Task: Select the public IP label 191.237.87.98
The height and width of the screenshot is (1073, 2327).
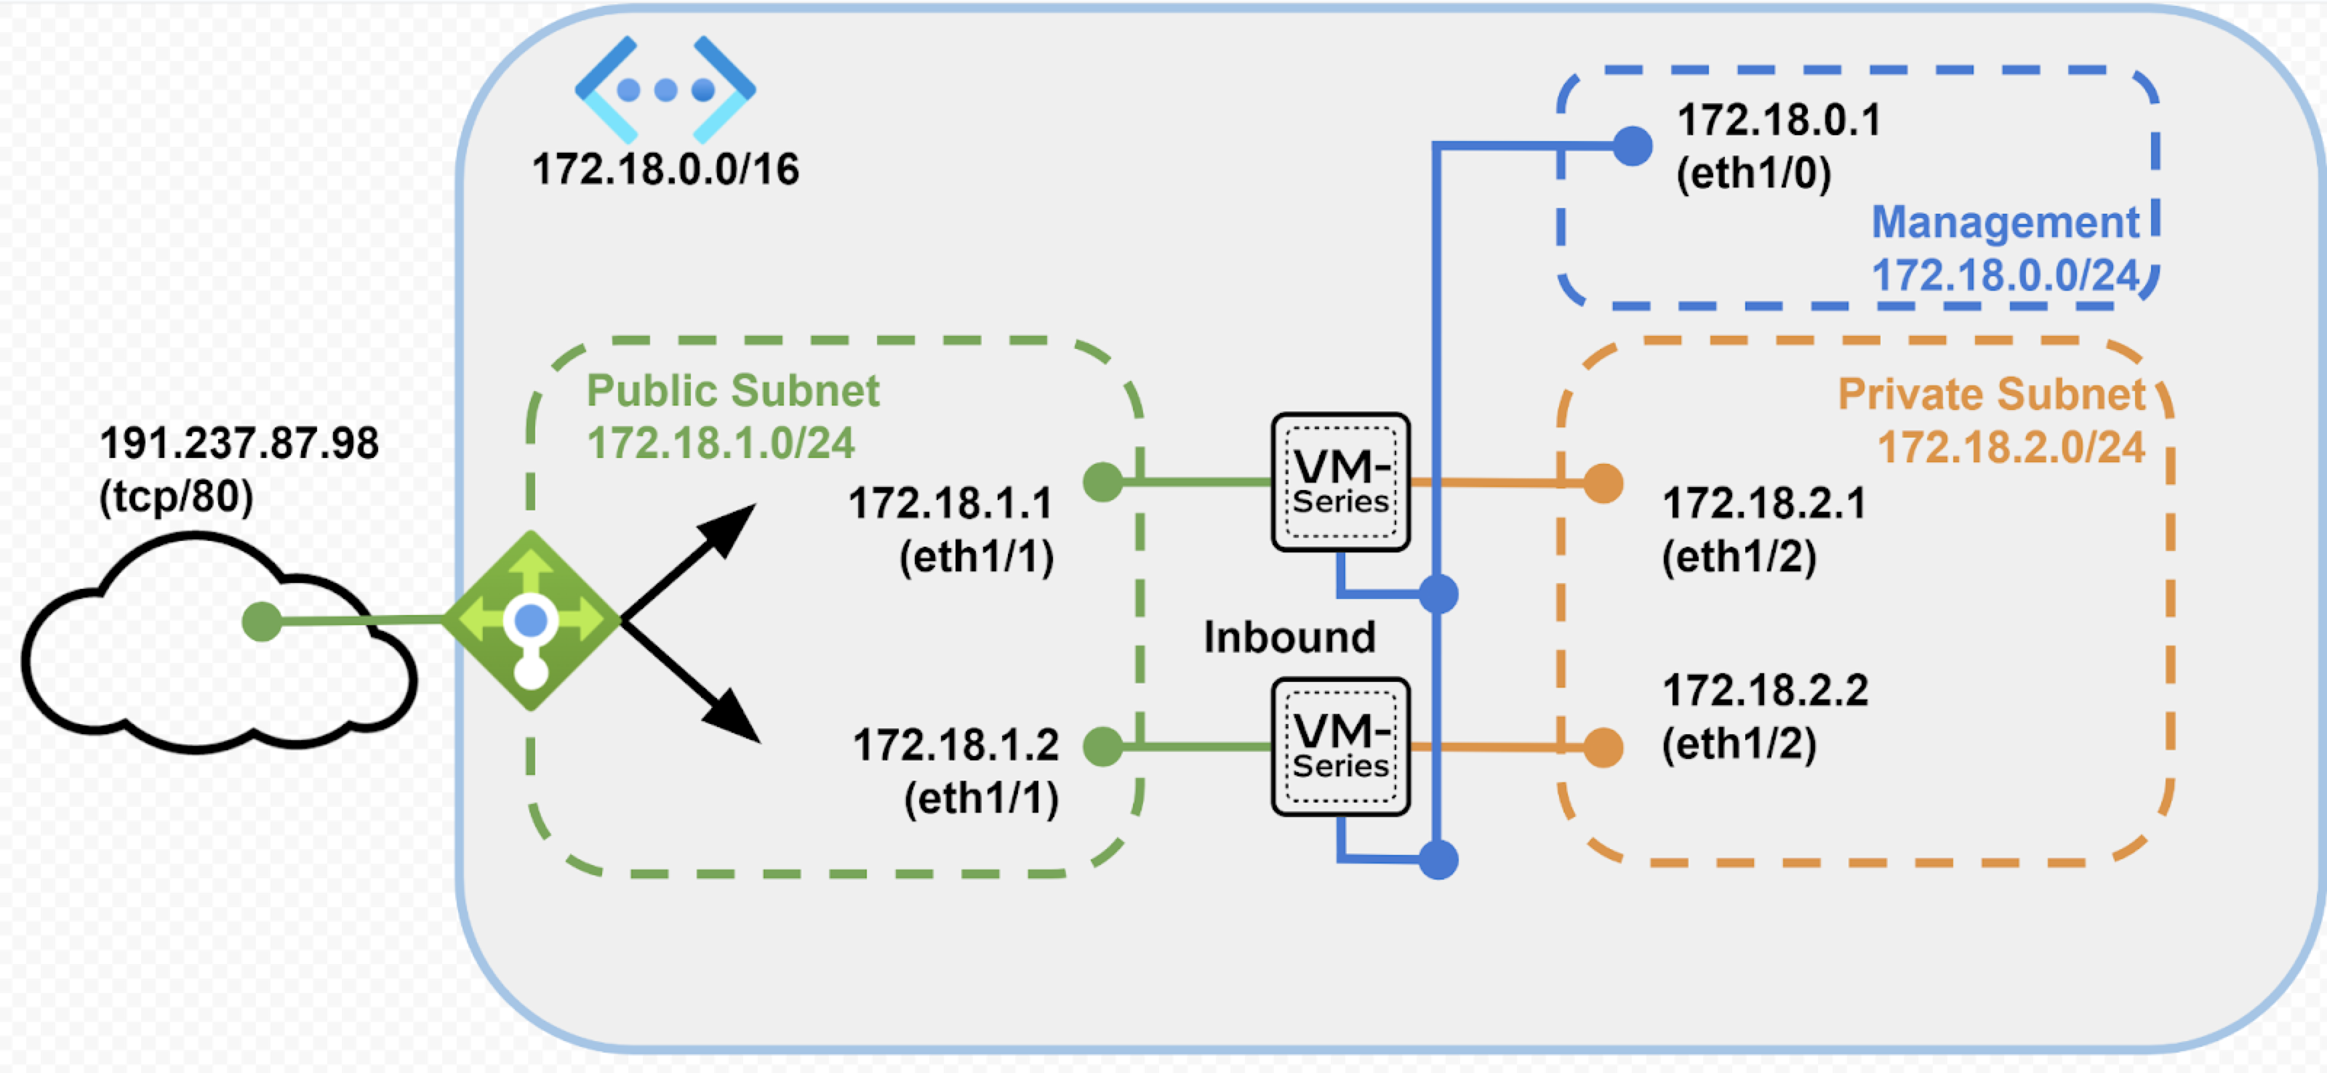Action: coord(239,443)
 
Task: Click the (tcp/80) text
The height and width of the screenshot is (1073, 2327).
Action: coord(176,497)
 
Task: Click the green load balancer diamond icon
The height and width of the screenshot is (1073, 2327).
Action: coord(531,621)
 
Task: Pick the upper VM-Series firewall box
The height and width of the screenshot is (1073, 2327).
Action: coord(1340,482)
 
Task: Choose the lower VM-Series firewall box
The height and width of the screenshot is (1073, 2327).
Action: coord(1340,747)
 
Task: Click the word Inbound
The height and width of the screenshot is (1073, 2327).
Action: coord(1289,638)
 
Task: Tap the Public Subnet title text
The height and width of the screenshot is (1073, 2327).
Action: coord(732,391)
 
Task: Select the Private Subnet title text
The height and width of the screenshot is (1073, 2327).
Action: coord(1991,395)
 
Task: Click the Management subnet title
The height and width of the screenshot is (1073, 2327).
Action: coord(2006,222)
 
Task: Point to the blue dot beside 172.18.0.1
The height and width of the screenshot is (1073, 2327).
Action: coord(1633,146)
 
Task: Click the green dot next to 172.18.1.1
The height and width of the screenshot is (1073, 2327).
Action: coord(1103,481)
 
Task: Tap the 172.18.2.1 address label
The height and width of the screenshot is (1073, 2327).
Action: coord(1764,504)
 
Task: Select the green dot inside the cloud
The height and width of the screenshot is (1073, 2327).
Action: coord(262,622)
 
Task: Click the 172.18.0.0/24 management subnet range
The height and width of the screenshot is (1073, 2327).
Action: coord(2006,276)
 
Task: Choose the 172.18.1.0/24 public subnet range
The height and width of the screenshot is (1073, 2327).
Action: coord(721,443)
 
